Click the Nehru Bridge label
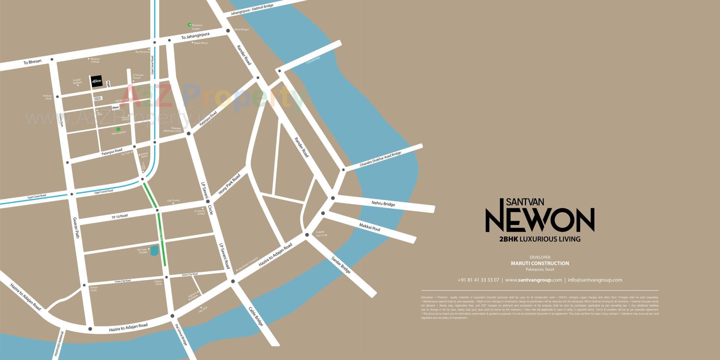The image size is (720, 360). (x=383, y=204)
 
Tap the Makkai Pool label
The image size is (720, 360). (x=369, y=227)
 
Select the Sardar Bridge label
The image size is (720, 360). (x=341, y=265)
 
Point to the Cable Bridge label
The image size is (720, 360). (x=256, y=316)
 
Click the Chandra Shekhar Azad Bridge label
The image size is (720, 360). (x=380, y=159)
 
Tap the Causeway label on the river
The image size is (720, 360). (x=313, y=60)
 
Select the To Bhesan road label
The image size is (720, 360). (x=32, y=61)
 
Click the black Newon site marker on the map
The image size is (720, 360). (x=96, y=81)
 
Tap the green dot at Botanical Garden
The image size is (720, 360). (x=190, y=25)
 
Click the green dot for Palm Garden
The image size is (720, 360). (x=118, y=129)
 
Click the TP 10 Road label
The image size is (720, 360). (x=120, y=216)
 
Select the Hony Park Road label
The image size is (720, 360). (x=229, y=184)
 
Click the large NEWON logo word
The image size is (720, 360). (x=540, y=220)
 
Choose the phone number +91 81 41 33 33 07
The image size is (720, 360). (x=478, y=280)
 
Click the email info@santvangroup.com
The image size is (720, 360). (x=595, y=280)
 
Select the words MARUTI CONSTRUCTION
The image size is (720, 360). (x=540, y=263)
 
